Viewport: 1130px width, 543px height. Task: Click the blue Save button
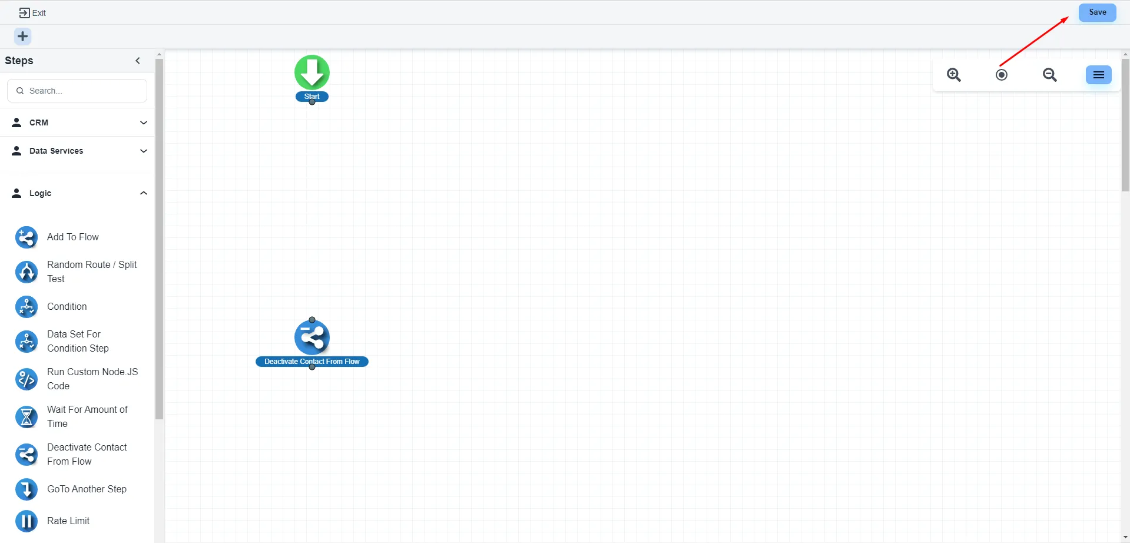coord(1097,12)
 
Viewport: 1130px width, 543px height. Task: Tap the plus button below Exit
coord(22,37)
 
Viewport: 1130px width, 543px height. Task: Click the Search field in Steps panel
coord(77,91)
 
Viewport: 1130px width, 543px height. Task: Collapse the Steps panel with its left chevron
coord(138,61)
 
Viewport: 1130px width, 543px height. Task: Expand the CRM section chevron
coord(143,122)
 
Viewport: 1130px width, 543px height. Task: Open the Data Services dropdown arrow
coord(143,151)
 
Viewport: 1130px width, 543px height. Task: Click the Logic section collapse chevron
coord(143,193)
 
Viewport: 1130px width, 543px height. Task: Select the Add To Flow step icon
coord(26,237)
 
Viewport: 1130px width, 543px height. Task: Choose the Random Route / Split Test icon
coord(26,272)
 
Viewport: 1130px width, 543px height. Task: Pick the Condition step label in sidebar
coord(67,306)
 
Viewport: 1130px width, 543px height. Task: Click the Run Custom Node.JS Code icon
coord(26,379)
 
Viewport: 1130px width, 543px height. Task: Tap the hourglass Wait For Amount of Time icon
coord(26,417)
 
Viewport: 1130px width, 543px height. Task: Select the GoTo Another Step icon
coord(26,489)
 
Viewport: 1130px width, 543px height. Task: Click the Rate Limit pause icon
coord(26,521)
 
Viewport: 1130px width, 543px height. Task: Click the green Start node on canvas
coord(312,73)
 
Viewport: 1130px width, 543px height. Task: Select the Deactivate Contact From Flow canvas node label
coord(312,362)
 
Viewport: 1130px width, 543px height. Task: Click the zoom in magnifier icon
coord(954,75)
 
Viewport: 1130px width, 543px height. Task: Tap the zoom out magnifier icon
coord(1049,75)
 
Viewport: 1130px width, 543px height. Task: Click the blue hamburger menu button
coord(1098,75)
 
